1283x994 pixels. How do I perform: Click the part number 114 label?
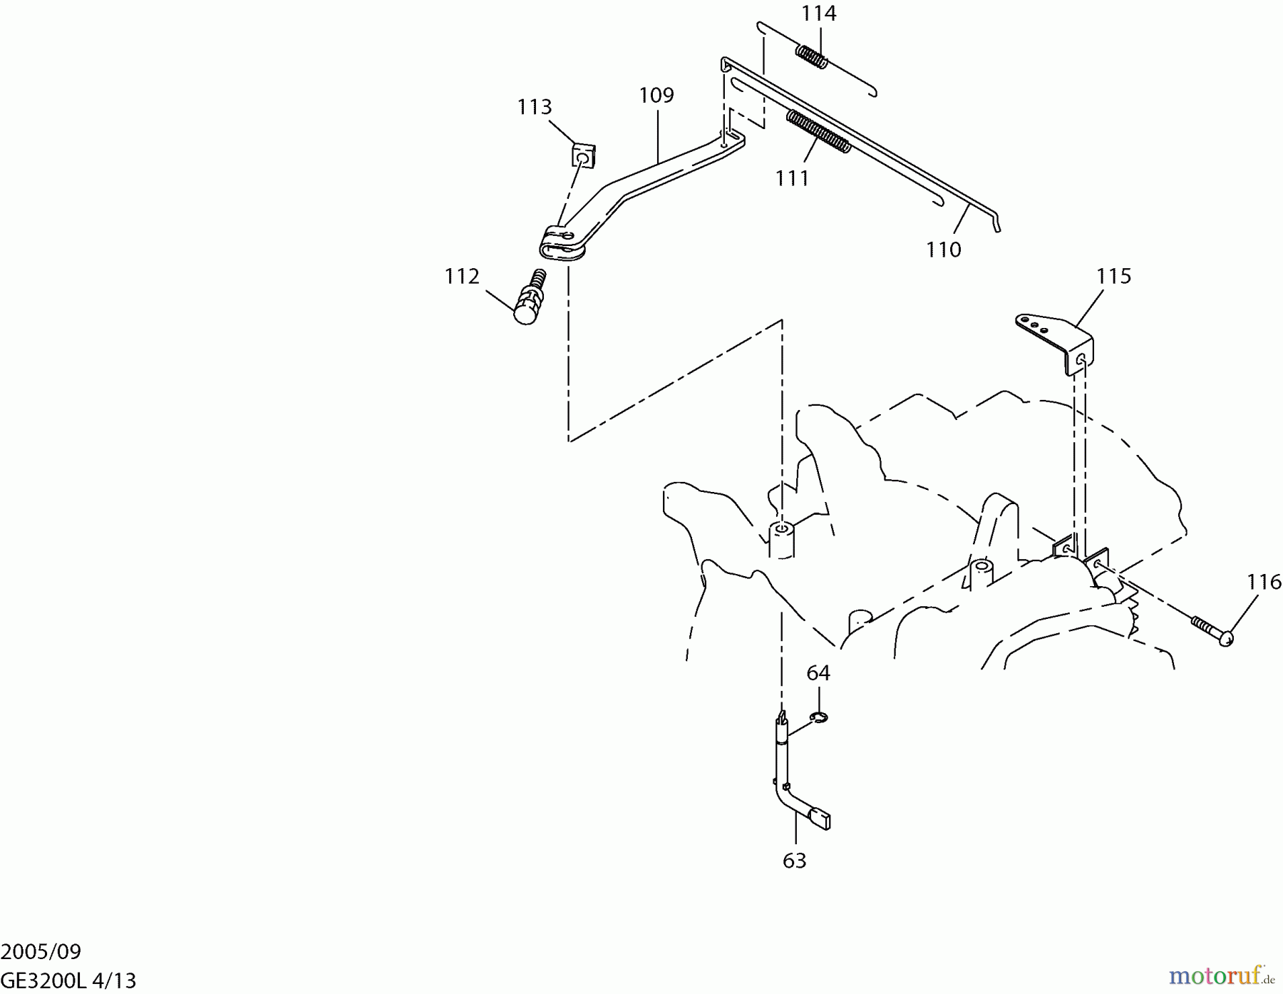[x=818, y=14]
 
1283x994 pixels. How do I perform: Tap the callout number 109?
[x=656, y=95]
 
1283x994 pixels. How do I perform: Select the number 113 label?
[x=534, y=107]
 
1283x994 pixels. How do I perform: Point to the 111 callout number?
[x=792, y=178]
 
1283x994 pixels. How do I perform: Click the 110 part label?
[x=943, y=250]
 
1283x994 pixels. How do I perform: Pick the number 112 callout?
[x=462, y=276]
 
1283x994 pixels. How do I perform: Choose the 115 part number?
[x=1113, y=276]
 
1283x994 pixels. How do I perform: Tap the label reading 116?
[x=1264, y=583]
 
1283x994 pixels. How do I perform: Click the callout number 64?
[x=818, y=672]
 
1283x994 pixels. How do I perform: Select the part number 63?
[x=794, y=861]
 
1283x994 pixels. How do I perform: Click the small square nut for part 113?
[x=583, y=155]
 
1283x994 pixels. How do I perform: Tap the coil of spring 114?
[x=812, y=56]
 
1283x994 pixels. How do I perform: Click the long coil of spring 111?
[x=818, y=130]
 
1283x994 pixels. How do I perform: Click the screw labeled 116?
[x=1212, y=630]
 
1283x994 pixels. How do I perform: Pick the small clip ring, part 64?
[x=819, y=717]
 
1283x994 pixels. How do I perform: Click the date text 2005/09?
[x=41, y=952]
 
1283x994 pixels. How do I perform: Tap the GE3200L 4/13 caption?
[x=68, y=980]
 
